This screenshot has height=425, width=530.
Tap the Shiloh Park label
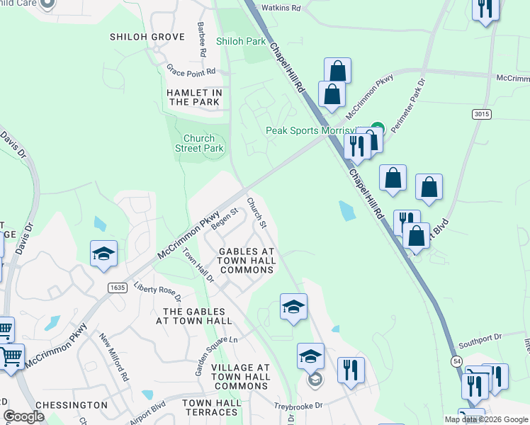point(241,42)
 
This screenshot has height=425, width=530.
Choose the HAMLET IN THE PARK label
point(195,98)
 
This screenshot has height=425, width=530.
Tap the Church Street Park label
point(200,143)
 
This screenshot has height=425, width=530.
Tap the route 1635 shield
point(118,288)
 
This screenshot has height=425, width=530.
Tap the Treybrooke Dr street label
point(298,406)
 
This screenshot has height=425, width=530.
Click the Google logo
point(24,416)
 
